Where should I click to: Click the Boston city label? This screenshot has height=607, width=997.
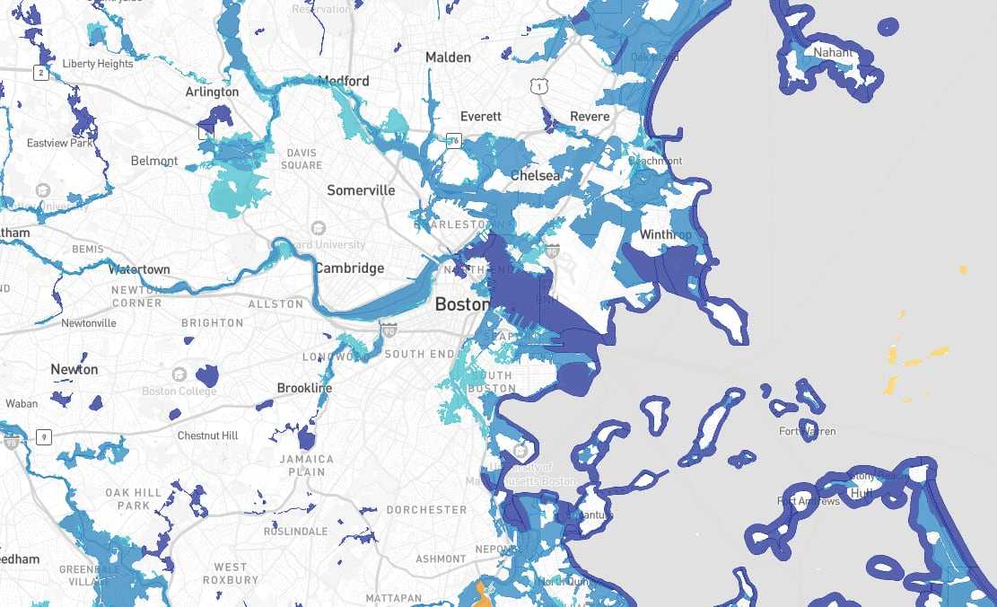point(462,304)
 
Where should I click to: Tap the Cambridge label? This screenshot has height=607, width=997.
point(349,268)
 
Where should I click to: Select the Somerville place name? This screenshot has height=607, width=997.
point(361,190)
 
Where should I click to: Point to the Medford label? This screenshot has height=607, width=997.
point(344,81)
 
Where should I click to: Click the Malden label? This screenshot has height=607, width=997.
point(448,57)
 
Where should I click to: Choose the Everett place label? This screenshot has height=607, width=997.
point(480,117)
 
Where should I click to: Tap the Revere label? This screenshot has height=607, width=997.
point(590,117)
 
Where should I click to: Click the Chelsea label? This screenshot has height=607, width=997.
point(535,176)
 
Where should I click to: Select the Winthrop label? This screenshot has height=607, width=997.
point(666,235)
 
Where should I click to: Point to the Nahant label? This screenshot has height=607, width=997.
point(834,53)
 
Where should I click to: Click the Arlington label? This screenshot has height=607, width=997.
point(212,92)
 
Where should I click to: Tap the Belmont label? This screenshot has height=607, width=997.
point(154,162)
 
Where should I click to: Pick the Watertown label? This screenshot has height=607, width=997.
point(139,269)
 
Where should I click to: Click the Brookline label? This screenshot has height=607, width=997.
point(304,388)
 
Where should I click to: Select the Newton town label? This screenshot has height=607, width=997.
point(74,369)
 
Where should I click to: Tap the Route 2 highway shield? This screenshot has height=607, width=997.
point(41,74)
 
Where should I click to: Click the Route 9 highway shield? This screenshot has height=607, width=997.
point(42,437)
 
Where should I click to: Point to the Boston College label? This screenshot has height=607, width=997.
point(179,391)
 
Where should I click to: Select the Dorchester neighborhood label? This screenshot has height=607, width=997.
point(426,510)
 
